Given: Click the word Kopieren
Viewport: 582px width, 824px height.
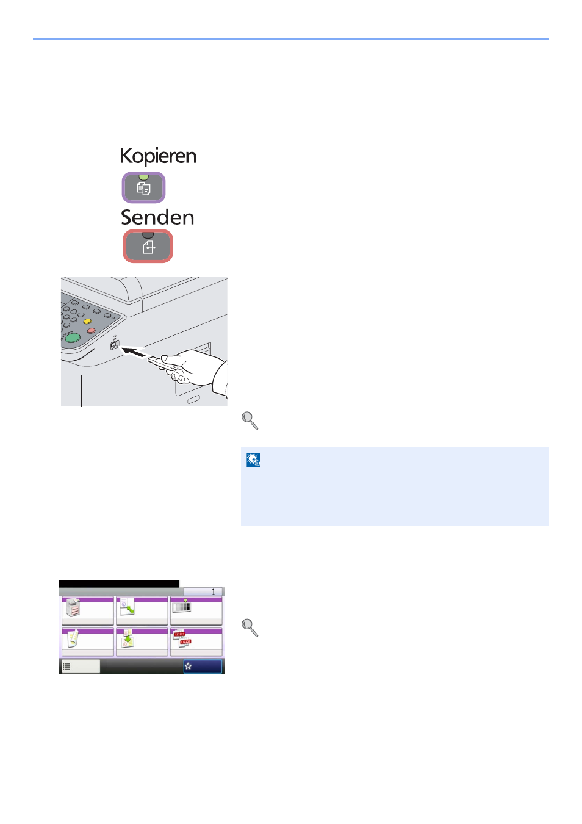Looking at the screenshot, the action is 158,156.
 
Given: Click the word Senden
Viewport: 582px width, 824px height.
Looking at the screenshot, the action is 157,217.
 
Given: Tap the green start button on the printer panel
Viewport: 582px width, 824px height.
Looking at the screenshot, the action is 73,338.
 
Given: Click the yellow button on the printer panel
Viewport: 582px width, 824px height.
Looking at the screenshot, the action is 87,321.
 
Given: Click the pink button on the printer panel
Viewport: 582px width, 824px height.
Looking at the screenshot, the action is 91,330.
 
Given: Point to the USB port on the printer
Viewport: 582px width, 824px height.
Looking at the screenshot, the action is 115,345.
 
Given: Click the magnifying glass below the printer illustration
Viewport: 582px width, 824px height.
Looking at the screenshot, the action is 250,421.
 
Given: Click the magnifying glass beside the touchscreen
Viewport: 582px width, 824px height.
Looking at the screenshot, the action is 250,627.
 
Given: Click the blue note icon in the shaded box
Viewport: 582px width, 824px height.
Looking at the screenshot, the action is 253,460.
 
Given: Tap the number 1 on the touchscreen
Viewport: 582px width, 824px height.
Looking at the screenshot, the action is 214,591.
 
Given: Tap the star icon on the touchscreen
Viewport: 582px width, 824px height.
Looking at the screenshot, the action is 189,666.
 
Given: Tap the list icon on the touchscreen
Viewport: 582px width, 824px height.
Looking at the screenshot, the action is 66,667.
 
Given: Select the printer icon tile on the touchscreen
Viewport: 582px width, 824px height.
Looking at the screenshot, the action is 73,607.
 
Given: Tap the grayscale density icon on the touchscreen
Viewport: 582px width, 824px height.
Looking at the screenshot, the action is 182,606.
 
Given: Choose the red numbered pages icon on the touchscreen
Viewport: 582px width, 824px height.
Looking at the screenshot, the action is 182,638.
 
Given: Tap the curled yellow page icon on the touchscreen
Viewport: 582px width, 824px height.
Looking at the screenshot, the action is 73,638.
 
